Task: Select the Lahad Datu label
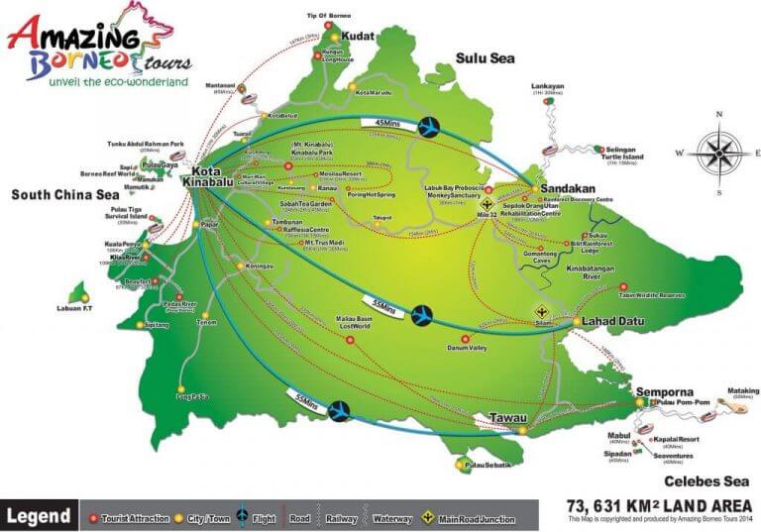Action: click(x=610, y=322)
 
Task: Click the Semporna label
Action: click(x=661, y=388)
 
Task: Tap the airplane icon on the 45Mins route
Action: click(x=430, y=127)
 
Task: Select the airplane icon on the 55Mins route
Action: click(x=341, y=409)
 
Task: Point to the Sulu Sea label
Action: click(x=485, y=58)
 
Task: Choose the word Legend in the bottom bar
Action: click(x=39, y=515)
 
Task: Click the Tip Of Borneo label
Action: click(x=328, y=15)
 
